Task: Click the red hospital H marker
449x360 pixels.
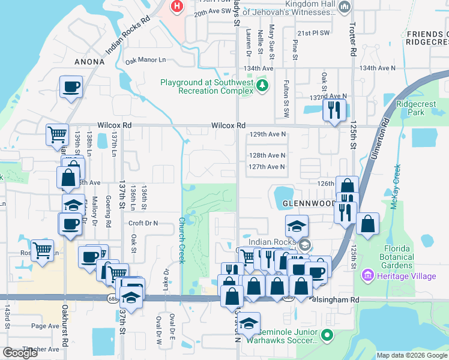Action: [177, 7]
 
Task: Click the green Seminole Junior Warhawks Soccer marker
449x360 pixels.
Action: [327, 335]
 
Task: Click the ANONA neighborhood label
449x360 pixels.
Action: [89, 62]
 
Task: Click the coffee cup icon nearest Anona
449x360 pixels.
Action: [71, 87]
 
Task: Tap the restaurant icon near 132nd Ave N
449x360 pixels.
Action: [333, 109]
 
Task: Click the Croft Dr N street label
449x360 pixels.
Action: [143, 223]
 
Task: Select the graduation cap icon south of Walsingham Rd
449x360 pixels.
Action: [248, 324]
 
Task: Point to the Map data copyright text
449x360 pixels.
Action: [412, 355]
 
